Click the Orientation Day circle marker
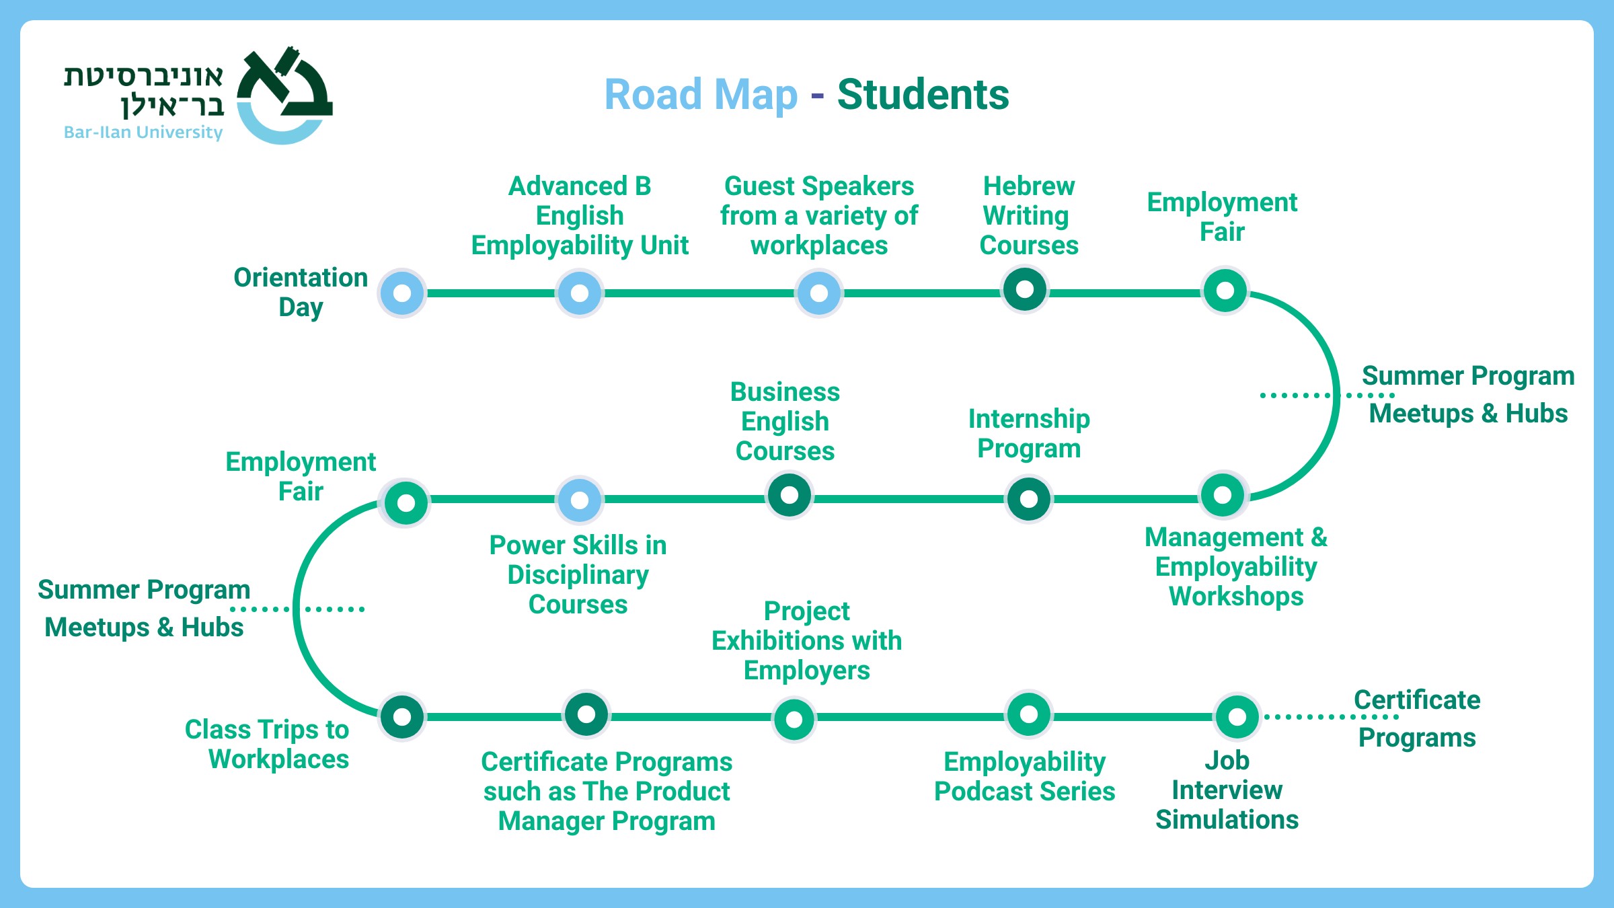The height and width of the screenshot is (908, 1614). click(402, 293)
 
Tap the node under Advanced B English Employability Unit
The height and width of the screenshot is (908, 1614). click(580, 293)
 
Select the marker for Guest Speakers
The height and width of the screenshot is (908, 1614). click(819, 293)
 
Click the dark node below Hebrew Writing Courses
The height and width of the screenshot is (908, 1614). click(1025, 290)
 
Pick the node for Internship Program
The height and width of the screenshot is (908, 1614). click(1028, 499)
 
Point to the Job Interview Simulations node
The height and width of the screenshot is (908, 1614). click(1237, 716)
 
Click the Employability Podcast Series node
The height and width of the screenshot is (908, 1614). click(1029, 714)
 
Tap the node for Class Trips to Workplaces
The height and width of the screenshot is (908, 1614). click(402, 716)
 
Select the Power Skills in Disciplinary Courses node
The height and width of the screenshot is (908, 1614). click(580, 500)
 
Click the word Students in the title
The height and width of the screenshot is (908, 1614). click(923, 94)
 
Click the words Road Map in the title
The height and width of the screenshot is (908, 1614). click(701, 94)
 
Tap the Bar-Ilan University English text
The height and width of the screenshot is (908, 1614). click(143, 133)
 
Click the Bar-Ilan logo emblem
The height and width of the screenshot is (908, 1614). click(284, 94)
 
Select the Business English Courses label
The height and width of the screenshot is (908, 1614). click(785, 421)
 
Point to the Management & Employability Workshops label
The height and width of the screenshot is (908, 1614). click(1236, 566)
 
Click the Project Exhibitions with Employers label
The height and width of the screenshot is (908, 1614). click(806, 640)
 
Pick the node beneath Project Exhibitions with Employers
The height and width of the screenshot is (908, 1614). click(794, 719)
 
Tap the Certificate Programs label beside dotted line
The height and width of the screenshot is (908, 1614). click(1417, 718)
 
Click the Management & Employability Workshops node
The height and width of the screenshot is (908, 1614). click(1223, 495)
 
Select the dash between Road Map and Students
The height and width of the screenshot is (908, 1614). click(817, 96)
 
